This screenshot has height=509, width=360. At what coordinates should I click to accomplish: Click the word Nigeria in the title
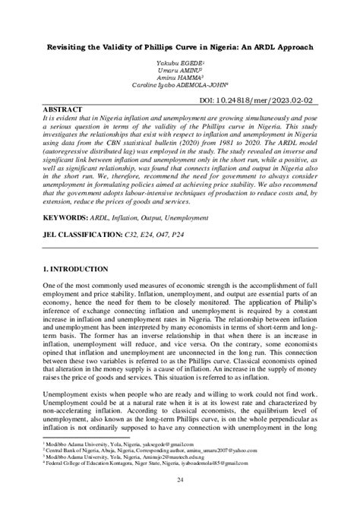click(221, 46)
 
